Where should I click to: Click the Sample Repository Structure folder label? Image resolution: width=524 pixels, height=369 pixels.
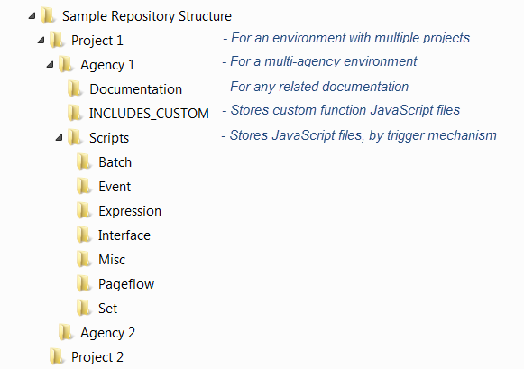[147, 16]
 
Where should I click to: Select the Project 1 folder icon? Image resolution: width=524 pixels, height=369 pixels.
[57, 40]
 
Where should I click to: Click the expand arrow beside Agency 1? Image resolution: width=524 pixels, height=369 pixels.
[51, 64]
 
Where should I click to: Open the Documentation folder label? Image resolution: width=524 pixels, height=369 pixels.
[135, 89]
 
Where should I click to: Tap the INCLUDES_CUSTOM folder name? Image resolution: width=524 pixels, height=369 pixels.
[149, 114]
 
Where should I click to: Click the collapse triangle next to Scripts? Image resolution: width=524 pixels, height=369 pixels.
[60, 137]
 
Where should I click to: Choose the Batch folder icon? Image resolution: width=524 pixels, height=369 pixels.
[84, 162]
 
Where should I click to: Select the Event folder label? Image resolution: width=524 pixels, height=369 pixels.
[115, 187]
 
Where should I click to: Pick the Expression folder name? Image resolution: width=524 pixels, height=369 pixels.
[130, 211]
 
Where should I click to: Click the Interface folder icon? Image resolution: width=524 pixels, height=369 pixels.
[84, 235]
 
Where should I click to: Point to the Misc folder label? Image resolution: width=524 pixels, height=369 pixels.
[112, 260]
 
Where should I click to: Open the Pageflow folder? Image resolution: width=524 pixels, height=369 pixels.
[126, 284]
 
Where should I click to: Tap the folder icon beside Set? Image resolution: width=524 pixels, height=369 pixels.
[84, 308]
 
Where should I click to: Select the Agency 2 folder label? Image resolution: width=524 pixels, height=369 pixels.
[107, 333]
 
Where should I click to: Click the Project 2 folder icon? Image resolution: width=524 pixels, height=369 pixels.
[57, 356]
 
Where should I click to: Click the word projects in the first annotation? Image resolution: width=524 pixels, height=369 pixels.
[446, 38]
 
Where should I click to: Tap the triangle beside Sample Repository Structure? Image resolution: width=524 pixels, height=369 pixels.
[32, 15]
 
